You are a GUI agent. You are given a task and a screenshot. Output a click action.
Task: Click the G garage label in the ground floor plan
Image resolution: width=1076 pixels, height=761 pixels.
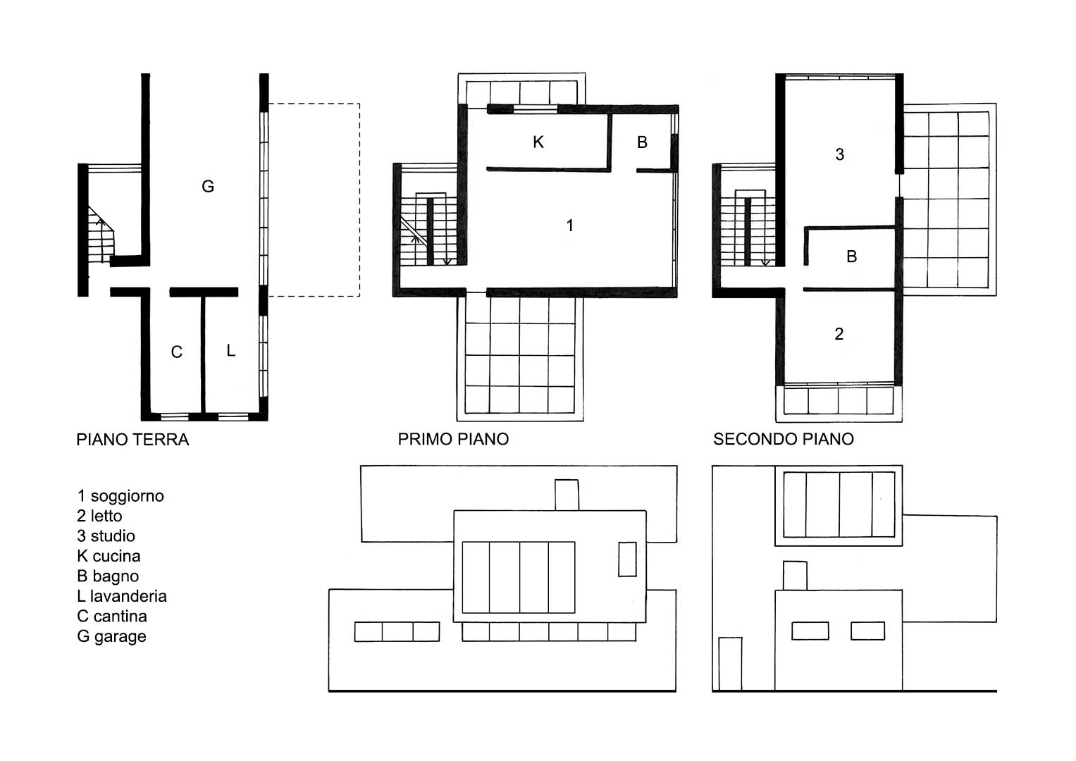coord(207,186)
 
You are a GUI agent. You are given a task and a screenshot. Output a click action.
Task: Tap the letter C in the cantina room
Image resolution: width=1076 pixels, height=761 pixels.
coord(176,352)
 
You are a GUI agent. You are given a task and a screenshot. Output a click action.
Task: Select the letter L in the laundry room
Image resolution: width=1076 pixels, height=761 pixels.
coord(230,350)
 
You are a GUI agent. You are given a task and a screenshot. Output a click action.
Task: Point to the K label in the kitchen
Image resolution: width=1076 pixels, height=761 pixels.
coord(538,142)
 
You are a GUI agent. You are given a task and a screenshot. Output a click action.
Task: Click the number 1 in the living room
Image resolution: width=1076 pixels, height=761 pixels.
coord(569,225)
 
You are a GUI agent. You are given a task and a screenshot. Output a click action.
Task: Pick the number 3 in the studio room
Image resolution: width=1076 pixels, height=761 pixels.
coord(840,154)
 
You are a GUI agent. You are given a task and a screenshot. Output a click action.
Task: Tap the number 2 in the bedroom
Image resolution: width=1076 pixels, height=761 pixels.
coord(839,333)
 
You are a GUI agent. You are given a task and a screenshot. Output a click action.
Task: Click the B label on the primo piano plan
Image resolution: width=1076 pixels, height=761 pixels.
coord(642,142)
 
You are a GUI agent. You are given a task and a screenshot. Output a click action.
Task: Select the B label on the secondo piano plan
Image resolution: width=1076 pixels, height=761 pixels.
coord(852,256)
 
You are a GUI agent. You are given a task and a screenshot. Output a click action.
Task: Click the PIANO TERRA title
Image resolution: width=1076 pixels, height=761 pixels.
coord(132,440)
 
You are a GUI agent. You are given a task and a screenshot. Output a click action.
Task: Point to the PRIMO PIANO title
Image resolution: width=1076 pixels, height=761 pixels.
coord(453,438)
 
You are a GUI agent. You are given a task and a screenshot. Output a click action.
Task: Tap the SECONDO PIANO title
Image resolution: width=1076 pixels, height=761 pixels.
coord(784,438)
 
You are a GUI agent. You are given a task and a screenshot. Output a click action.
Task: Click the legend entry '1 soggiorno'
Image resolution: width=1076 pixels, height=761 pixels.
coord(120,496)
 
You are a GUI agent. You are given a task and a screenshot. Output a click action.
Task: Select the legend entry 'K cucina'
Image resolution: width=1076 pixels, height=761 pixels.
coord(109,556)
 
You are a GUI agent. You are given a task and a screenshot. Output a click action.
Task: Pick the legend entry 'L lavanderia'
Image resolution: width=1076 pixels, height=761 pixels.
coord(122,596)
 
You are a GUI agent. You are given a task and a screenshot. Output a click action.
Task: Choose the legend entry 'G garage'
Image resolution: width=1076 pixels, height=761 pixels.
coord(111,636)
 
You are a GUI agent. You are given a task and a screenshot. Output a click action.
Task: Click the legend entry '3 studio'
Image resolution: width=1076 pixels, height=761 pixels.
coord(106,536)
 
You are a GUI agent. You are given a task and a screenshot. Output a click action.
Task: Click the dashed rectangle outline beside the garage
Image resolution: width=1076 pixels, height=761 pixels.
coord(360,200)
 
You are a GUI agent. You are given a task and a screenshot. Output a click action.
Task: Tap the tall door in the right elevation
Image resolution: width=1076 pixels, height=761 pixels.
coord(730,664)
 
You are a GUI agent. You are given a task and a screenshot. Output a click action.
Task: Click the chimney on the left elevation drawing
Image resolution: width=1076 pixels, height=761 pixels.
coord(567,495)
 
